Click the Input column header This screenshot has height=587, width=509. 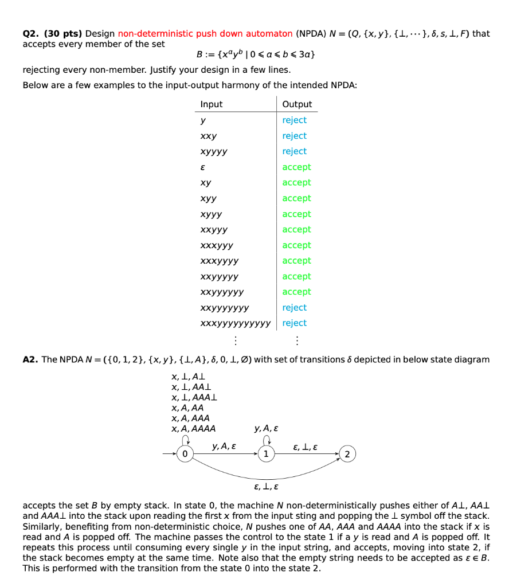(211, 104)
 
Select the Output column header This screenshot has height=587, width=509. (297, 104)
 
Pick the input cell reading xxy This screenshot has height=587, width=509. (209, 136)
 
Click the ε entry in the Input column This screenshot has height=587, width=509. (202, 167)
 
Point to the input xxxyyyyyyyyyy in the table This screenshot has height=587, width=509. (235, 323)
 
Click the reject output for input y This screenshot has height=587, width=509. (294, 120)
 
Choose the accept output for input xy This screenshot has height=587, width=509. (296, 182)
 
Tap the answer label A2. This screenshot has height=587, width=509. (30, 359)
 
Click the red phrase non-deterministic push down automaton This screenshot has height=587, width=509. (205, 34)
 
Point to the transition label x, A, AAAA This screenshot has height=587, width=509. (194, 428)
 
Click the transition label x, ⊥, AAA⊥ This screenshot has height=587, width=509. (194, 397)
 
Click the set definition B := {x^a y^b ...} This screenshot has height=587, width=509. (255, 54)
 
